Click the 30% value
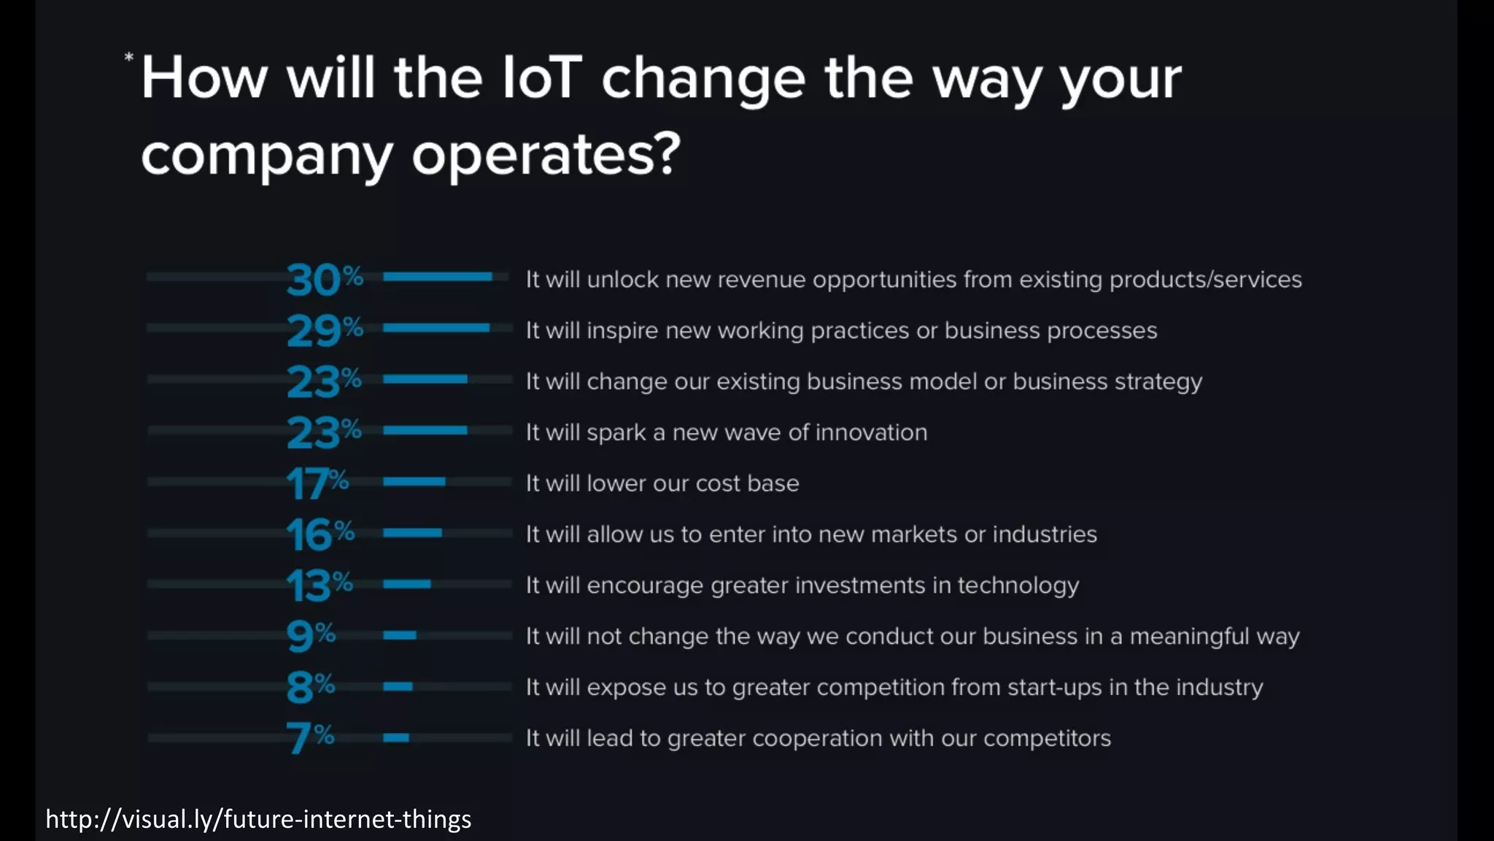pos(324,280)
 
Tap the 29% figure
pos(324,331)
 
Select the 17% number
pos(317,483)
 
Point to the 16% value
pos(320,534)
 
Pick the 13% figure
pos(319,585)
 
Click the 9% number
pos(311,636)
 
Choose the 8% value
pos(311,687)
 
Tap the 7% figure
pos(310,737)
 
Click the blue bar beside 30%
pos(438,277)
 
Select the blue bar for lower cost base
pos(414,482)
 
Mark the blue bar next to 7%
pos(396,737)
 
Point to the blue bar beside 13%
pos(407,584)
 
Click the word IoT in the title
pos(542,77)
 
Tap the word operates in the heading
pos(546,154)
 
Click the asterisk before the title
pos(129,58)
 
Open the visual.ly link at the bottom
pos(258,819)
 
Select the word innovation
pos(871,432)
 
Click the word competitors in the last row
pos(1047,738)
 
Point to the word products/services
pos(1205,280)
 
